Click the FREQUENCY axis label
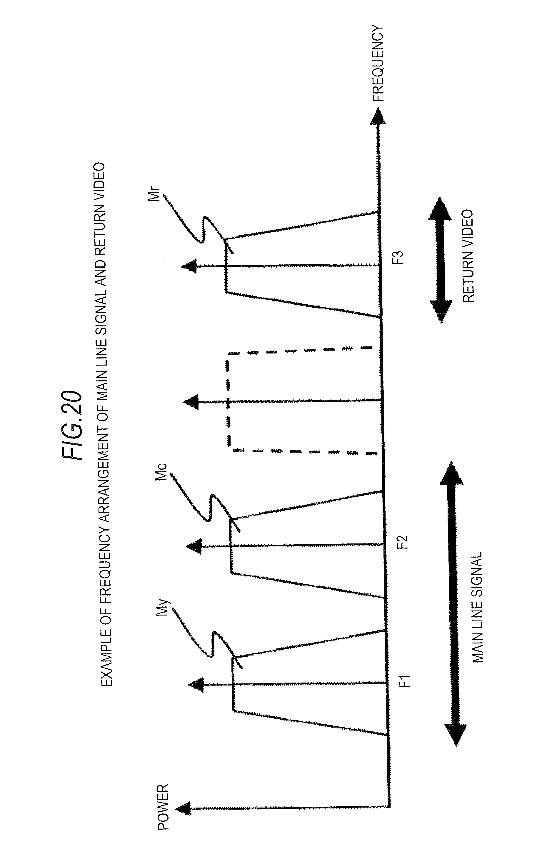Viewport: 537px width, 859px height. click(378, 64)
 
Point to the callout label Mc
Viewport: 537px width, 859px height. click(161, 473)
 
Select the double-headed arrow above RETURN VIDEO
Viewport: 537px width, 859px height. click(441, 260)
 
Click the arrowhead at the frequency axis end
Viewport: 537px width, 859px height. click(378, 116)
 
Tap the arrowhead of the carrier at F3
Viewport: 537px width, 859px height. click(189, 266)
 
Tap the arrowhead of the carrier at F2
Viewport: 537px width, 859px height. click(194, 546)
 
